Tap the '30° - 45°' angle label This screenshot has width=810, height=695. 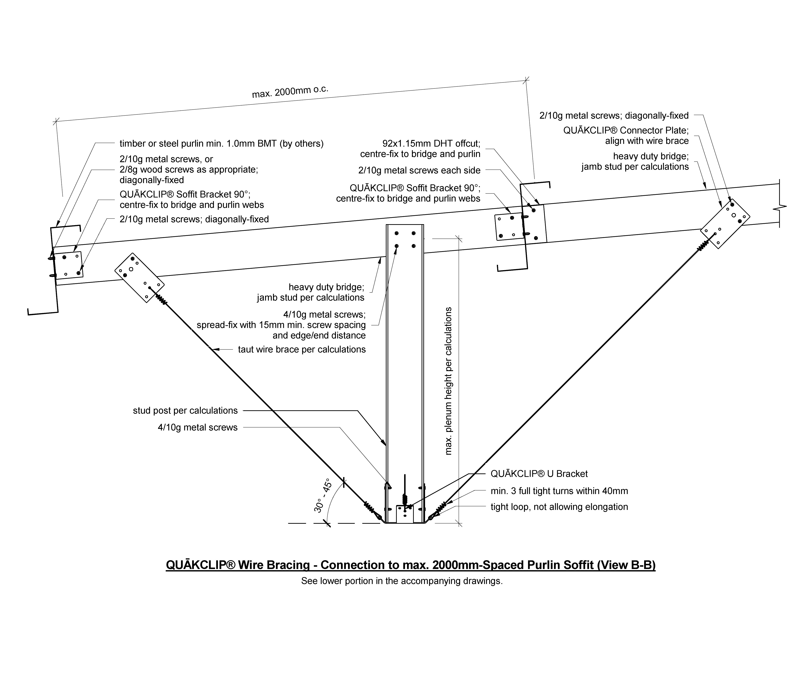coord(323,495)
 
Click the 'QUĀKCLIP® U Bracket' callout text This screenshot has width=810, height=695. coord(539,474)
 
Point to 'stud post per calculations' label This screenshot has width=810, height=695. coord(185,411)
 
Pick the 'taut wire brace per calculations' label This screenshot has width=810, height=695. coord(302,349)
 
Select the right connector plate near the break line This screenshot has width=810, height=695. coord(725,223)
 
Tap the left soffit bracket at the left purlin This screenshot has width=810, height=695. coord(68,265)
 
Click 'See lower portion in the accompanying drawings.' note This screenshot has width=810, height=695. coord(402,581)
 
